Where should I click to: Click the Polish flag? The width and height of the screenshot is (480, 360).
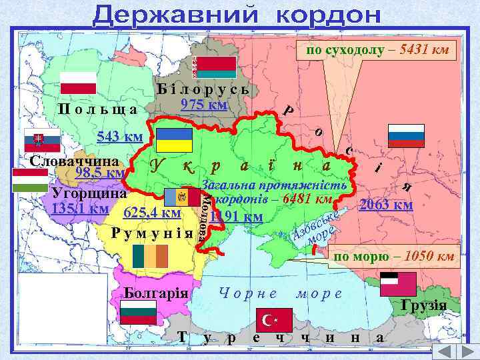[79, 83]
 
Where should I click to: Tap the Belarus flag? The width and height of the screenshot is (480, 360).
[215, 67]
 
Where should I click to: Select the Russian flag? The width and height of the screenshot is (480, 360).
[407, 135]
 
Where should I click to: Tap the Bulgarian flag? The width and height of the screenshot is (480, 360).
[138, 312]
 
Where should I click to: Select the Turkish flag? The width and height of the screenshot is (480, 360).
[269, 321]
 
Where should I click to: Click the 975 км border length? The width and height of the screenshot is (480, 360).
[205, 105]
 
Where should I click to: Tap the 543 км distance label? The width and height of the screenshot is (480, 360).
[120, 137]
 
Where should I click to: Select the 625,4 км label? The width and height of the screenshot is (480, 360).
[152, 213]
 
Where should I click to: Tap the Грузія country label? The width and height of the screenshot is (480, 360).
[423, 305]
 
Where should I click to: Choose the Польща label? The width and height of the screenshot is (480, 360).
[97, 109]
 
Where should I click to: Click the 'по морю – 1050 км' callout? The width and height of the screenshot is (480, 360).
[394, 256]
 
